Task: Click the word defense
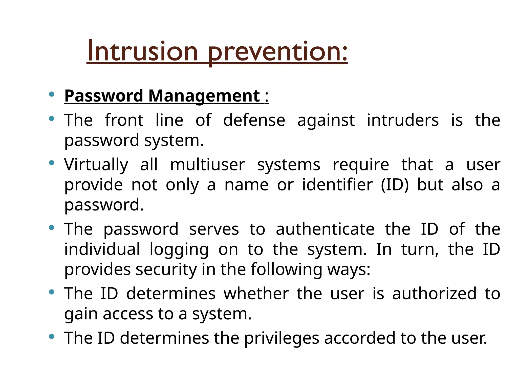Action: pyautogui.click(x=254, y=120)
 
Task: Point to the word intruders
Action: pyautogui.click(x=403, y=120)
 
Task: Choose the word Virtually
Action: pyautogui.click(x=96, y=165)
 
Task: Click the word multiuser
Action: pyautogui.click(x=207, y=165)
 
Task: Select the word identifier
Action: pyautogui.click(x=337, y=185)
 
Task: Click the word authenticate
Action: pyautogui.click(x=325, y=229)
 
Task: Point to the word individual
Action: pyautogui.click(x=102, y=249)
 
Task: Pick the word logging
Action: pyautogui.click(x=179, y=250)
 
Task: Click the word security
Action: pyautogui.click(x=166, y=269)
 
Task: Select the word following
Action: pyautogui.click(x=287, y=269)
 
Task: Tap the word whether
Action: pyautogui.click(x=256, y=294)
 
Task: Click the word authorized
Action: pyautogui.click(x=434, y=294)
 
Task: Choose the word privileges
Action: pyautogui.click(x=282, y=338)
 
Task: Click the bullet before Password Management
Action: pyautogui.click(x=52, y=94)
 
